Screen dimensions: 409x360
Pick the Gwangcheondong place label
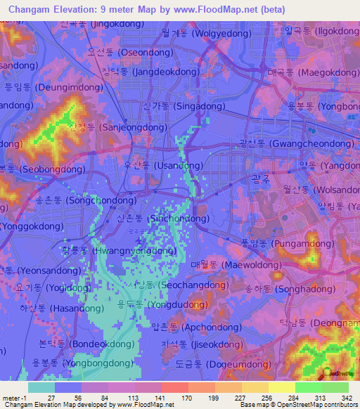click(295, 143)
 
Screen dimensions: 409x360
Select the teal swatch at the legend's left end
click(41, 387)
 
